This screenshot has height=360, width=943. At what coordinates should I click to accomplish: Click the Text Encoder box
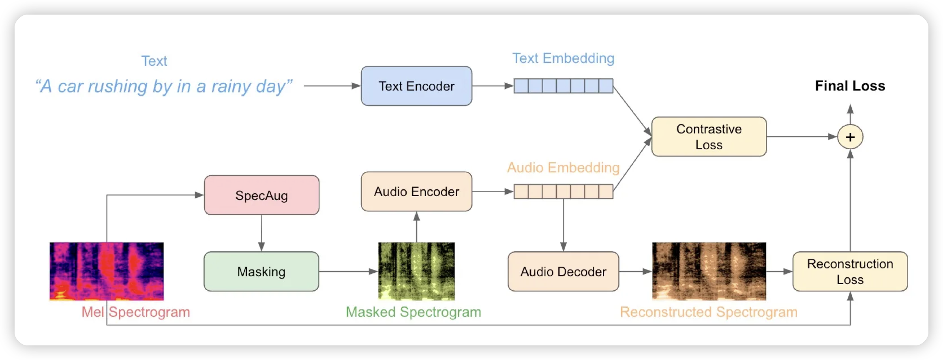[416, 86]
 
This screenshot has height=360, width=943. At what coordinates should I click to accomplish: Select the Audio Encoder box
[416, 191]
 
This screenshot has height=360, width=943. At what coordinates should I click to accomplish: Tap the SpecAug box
[261, 195]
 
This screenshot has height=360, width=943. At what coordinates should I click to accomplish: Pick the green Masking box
[261, 271]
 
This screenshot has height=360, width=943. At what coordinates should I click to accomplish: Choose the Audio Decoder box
[563, 271]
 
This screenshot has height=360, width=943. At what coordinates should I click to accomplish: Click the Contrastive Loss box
[709, 137]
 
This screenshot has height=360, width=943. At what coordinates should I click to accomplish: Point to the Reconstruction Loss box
[850, 271]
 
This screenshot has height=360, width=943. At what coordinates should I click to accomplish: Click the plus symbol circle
[850, 137]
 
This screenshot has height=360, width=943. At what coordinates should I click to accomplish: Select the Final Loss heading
[850, 86]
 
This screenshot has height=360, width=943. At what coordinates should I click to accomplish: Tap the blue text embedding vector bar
[563, 86]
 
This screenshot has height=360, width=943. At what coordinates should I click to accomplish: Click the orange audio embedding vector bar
[563, 191]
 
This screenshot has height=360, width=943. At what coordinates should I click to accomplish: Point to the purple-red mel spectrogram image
[107, 271]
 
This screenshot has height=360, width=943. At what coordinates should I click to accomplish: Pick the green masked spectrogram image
[416, 271]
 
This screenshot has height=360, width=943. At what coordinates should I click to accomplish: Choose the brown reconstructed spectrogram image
[709, 271]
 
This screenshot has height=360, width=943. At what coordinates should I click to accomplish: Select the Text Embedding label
[563, 58]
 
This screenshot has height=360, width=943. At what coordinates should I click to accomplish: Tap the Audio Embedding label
[563, 167]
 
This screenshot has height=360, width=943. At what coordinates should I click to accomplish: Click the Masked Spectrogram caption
[413, 312]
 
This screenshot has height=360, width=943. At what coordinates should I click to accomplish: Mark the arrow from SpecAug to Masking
[261, 233]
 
